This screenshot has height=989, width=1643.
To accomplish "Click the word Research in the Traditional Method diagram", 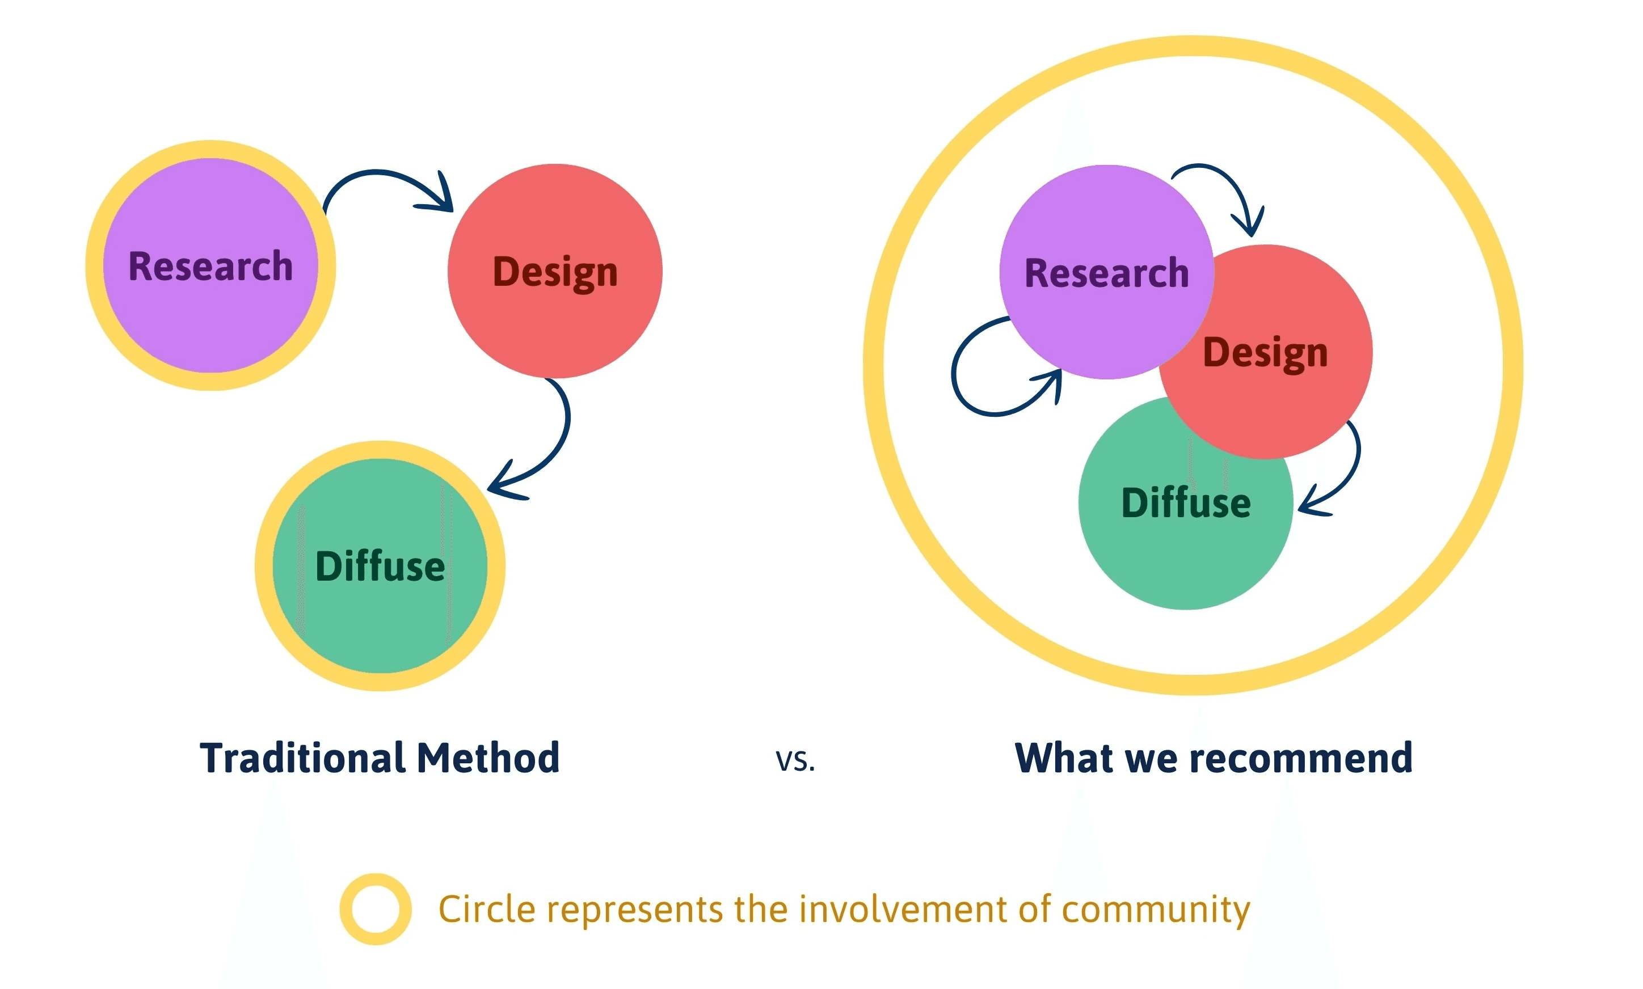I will (210, 267).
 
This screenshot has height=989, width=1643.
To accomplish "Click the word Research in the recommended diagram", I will (1106, 273).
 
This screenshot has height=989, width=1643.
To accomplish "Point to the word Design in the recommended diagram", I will (1265, 353).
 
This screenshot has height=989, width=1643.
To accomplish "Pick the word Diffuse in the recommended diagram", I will (1186, 502).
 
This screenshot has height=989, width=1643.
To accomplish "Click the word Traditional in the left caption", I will (304, 758).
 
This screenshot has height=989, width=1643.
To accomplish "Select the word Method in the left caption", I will (488, 758).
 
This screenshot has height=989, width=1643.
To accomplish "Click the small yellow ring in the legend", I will (375, 909).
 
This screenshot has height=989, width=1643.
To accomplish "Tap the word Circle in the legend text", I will (487, 909).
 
